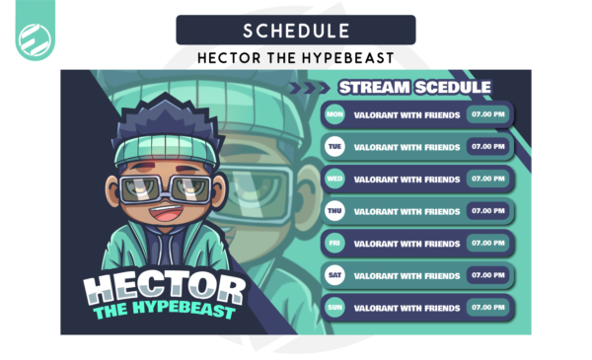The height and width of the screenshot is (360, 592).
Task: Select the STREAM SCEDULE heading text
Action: [x=413, y=87]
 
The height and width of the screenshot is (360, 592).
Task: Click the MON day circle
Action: [x=335, y=114]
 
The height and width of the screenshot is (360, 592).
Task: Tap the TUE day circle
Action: [x=335, y=147]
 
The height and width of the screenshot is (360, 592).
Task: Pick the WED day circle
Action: [x=335, y=180]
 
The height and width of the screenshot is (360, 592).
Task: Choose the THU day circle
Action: [x=335, y=211]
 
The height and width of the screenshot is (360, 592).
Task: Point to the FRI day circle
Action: [x=335, y=243]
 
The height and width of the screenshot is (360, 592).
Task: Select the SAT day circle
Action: [x=335, y=275]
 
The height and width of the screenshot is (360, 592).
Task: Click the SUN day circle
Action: [x=335, y=307]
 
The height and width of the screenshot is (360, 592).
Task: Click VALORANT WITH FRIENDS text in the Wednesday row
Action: [x=407, y=180]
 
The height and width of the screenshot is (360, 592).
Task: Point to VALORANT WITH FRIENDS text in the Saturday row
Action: [x=407, y=275]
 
